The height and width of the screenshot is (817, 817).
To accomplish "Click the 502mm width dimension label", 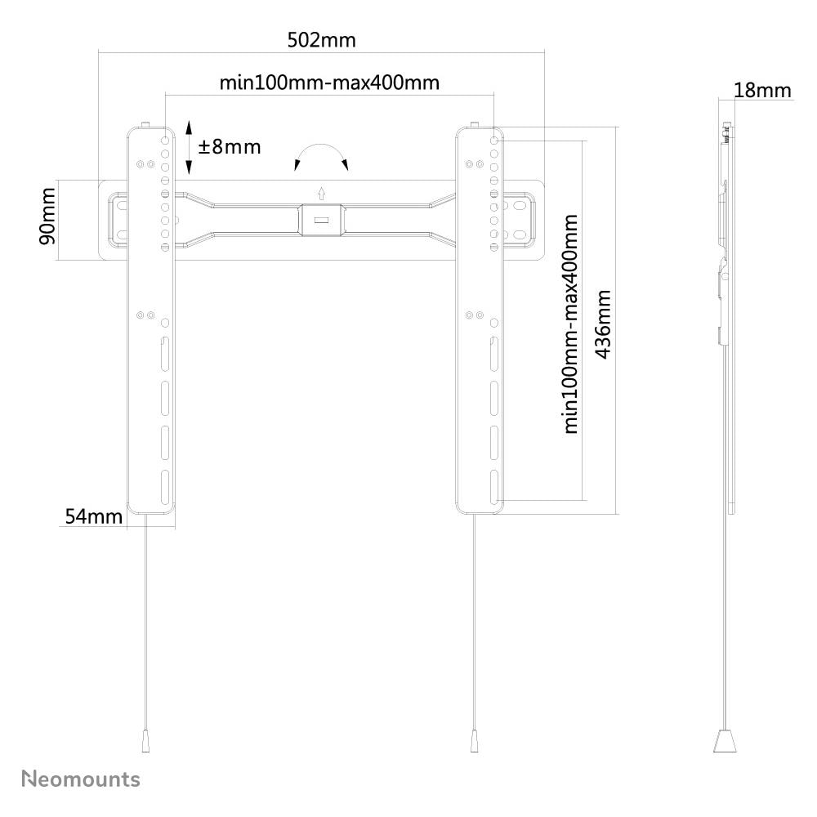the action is [321, 40].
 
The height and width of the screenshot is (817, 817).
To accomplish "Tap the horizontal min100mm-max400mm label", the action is [329, 83].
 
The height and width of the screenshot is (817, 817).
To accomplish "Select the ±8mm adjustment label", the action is [230, 147].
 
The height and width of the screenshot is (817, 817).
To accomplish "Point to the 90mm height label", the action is [47, 217].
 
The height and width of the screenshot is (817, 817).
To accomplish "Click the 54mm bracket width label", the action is [94, 516].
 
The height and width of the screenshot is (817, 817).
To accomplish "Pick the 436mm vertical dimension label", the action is [603, 324].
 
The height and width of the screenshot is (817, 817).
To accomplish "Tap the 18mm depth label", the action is [762, 91].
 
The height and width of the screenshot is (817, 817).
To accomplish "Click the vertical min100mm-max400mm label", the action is [571, 324].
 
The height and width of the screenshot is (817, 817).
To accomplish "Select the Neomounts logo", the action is [81, 779].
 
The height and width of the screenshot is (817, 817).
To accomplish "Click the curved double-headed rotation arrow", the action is [321, 146].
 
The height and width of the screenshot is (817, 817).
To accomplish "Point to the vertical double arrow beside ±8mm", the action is [190, 147].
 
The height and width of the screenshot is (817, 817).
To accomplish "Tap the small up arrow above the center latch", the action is [321, 194].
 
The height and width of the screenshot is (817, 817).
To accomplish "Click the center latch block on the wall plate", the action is [321, 220].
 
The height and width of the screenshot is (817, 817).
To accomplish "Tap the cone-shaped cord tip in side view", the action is [725, 741].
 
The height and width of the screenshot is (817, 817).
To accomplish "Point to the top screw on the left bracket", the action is [145, 125].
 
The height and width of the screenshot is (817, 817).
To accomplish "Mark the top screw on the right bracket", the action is [474, 125].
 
